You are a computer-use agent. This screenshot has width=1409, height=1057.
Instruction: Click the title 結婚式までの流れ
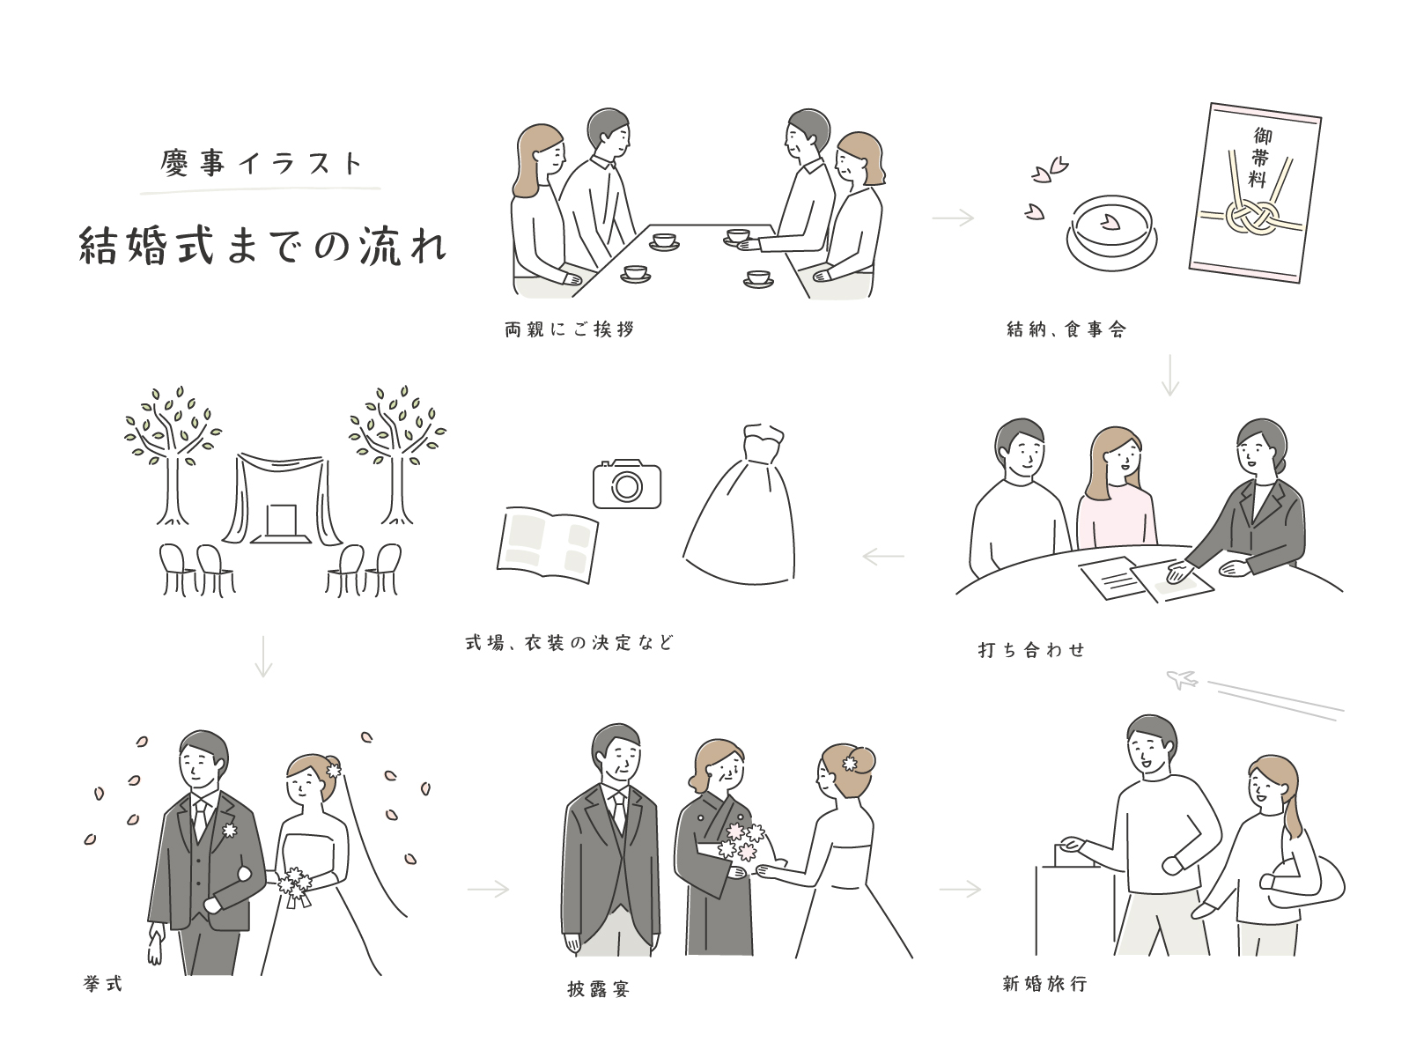pyautogui.click(x=262, y=246)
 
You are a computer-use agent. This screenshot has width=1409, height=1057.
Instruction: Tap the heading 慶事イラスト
pyautogui.click(x=262, y=163)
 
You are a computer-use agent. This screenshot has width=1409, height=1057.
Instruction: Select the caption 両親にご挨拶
pyautogui.click(x=570, y=329)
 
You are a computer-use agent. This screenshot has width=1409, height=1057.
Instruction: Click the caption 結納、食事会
pyautogui.click(x=1066, y=329)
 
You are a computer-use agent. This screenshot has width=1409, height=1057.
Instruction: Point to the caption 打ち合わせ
pyautogui.click(x=1031, y=650)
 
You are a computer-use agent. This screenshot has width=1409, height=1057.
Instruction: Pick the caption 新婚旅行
pyautogui.click(x=1045, y=984)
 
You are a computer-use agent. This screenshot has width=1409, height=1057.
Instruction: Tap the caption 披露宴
pyautogui.click(x=598, y=989)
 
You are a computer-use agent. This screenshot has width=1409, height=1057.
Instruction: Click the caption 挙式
pyautogui.click(x=103, y=984)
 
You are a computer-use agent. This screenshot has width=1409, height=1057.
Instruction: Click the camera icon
pyautogui.click(x=626, y=484)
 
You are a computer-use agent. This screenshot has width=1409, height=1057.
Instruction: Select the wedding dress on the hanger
pyautogui.click(x=740, y=505)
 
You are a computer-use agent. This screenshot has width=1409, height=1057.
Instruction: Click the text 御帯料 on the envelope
pyautogui.click(x=1261, y=158)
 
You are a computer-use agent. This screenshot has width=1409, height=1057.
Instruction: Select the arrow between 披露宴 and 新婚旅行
pyautogui.click(x=960, y=890)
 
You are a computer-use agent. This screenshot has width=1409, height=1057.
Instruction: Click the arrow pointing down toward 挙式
pyautogui.click(x=263, y=656)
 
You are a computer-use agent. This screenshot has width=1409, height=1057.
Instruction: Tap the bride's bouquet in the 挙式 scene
pyautogui.click(x=295, y=886)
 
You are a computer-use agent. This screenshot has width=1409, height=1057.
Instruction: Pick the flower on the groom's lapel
pyautogui.click(x=229, y=830)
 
